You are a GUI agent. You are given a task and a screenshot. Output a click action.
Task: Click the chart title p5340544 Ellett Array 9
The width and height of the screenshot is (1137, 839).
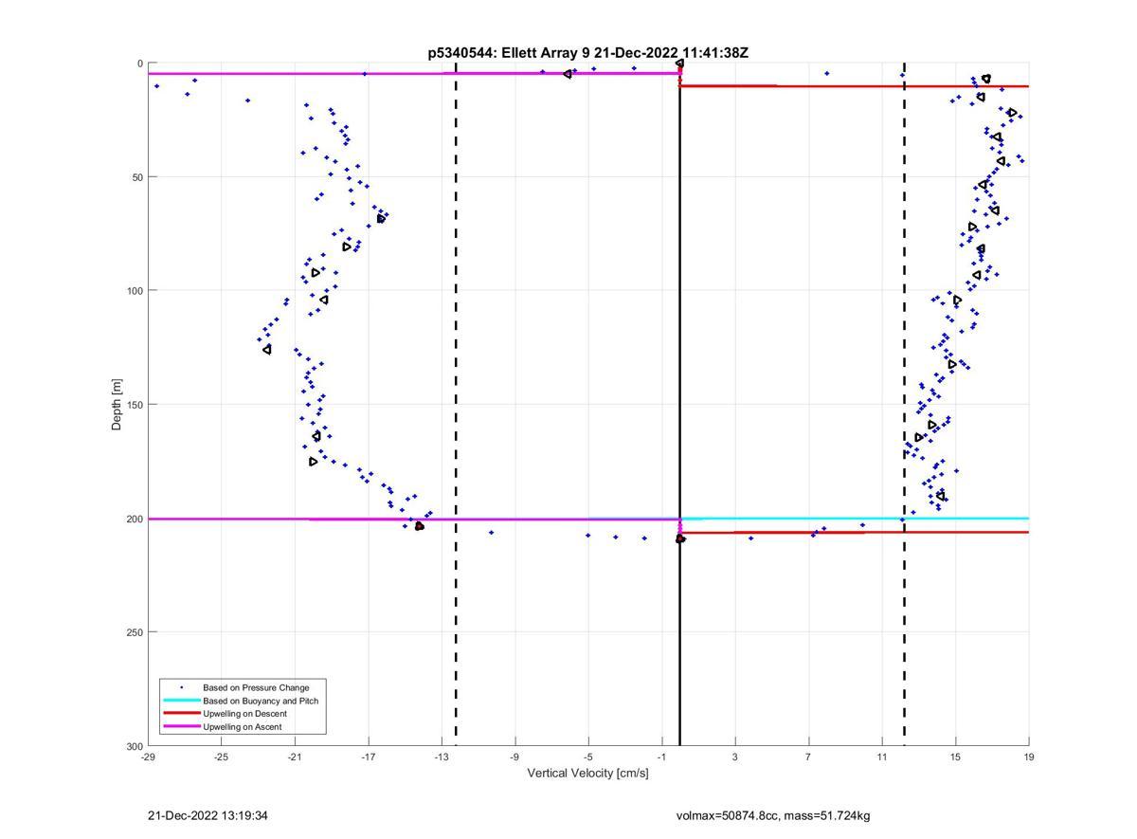pyautogui.click(x=587, y=53)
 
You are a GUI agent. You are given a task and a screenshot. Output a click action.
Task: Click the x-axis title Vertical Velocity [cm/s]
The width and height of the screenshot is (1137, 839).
pyautogui.click(x=587, y=773)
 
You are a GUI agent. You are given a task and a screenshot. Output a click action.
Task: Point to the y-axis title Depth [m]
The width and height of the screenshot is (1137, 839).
pyautogui.click(x=117, y=405)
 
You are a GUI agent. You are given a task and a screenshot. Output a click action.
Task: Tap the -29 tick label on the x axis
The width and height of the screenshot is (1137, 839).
pyautogui.click(x=148, y=757)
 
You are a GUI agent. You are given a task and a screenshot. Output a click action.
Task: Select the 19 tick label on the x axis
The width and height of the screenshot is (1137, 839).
pyautogui.click(x=1029, y=757)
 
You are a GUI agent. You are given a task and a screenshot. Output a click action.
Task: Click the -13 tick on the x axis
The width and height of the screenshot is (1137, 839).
pyautogui.click(x=442, y=757)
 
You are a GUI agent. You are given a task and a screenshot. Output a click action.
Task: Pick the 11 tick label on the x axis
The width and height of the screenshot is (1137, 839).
pyautogui.click(x=882, y=757)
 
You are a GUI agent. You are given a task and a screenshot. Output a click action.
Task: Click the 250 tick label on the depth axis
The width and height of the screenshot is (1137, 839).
pyautogui.click(x=132, y=632)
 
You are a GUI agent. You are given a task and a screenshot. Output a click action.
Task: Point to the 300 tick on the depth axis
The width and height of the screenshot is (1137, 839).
pyautogui.click(x=132, y=746)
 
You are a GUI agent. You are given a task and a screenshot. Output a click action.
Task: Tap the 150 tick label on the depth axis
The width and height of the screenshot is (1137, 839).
pyautogui.click(x=132, y=405)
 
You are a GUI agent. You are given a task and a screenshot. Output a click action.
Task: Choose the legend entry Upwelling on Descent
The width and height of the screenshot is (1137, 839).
pyautogui.click(x=244, y=714)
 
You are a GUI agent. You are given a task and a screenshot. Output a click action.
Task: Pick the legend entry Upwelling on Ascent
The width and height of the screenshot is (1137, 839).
pyautogui.click(x=242, y=727)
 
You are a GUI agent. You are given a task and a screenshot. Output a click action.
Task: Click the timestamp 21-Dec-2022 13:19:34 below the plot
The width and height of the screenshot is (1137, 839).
pyautogui.click(x=201, y=815)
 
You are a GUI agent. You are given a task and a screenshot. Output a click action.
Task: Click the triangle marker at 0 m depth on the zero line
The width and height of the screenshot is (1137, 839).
pyautogui.click(x=679, y=64)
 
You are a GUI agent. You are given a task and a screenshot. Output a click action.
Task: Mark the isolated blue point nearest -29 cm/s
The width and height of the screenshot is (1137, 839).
pyautogui.click(x=156, y=86)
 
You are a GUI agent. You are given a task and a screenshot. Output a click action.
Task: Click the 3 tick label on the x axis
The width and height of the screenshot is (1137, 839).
pyautogui.click(x=735, y=757)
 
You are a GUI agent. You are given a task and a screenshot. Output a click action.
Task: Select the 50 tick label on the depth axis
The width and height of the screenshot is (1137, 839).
pyautogui.click(x=135, y=177)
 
